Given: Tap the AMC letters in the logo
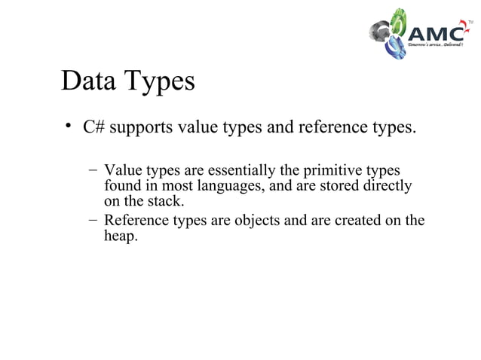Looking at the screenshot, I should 437,34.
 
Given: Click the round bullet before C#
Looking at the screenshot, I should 67,126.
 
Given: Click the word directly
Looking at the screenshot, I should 386,186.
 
